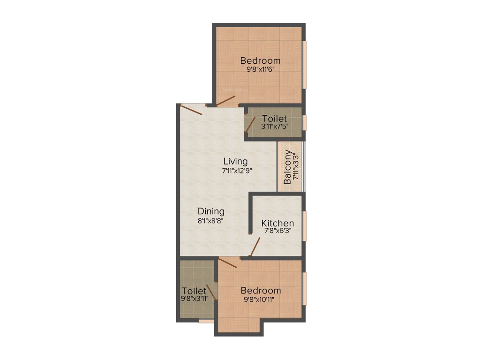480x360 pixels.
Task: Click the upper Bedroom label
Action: pos(260,60)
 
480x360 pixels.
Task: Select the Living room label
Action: pos(235,162)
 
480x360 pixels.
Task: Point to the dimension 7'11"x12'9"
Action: pos(237,171)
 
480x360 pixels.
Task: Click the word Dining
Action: pos(210,211)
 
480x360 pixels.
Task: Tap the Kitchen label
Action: pos(277,223)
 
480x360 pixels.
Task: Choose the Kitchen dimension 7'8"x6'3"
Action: pos(277,232)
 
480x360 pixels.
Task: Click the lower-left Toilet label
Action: pos(194,291)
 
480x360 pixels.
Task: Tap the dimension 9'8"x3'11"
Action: pos(195,298)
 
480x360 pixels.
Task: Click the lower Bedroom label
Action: pos(261,291)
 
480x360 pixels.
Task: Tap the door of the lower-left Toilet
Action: pos(211,292)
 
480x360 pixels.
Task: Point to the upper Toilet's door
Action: pos(251,124)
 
